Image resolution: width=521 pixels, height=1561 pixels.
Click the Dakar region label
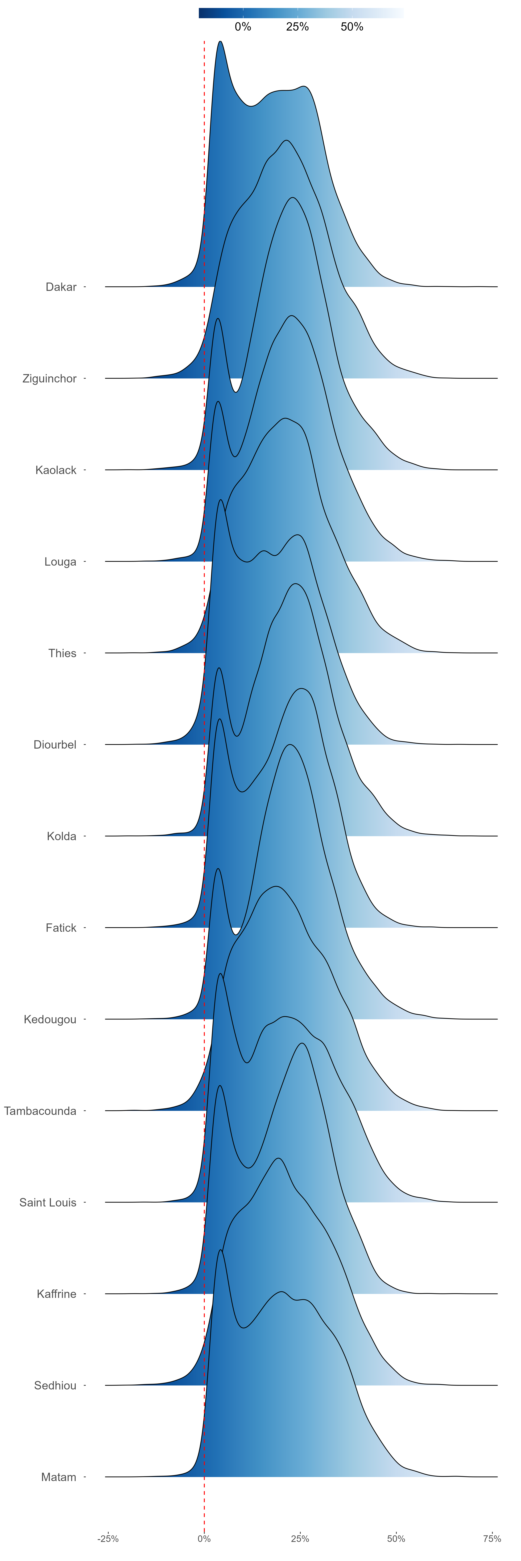point(61,287)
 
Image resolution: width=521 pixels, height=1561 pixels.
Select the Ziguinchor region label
point(50,379)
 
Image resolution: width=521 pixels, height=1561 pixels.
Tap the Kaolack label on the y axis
point(56,470)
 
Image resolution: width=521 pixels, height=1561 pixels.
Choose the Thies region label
point(63,653)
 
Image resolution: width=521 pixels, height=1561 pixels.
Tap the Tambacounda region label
point(40,1111)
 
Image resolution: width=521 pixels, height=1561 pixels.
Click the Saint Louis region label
point(48,1202)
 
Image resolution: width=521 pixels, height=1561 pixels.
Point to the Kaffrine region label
point(56,1294)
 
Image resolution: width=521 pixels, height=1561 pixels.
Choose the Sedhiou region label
point(55,1385)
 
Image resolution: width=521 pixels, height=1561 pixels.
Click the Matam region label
point(59,1477)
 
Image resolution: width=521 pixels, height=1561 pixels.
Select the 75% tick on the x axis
point(492,1539)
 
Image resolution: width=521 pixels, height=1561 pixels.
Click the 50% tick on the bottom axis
point(396,1539)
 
